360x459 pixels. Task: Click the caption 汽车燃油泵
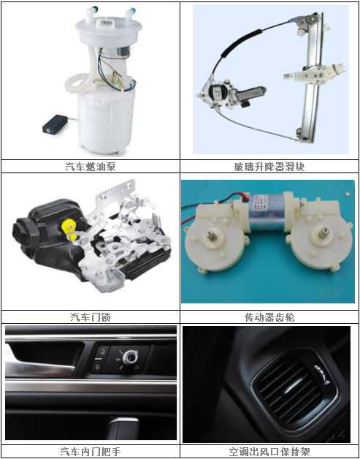pos(91,166)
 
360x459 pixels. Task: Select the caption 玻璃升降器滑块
pos(269,166)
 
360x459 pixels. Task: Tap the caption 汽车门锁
pos(91,317)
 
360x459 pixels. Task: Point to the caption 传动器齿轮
pos(269,317)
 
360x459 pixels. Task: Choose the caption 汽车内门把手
pos(91,451)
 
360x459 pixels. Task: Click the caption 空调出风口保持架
pos(269,451)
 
